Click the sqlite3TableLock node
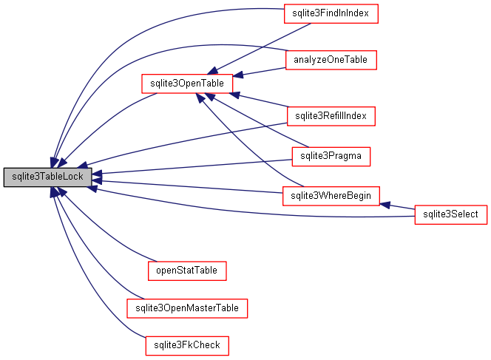click(48, 177)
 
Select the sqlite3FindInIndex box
click(331, 14)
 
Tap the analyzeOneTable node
click(331, 59)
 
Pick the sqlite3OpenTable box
click(187, 84)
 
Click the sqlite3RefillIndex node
click(331, 116)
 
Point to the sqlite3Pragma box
click(331, 156)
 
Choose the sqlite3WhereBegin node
click(331, 196)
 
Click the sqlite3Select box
click(450, 214)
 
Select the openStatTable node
click(186, 271)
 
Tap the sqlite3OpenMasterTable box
click(186, 308)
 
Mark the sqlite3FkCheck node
click(186, 344)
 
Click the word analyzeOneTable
click(331, 59)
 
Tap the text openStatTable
click(186, 271)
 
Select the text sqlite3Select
click(450, 214)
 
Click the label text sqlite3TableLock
click(48, 177)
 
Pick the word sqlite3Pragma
click(331, 156)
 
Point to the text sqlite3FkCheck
click(186, 344)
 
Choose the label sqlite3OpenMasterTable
click(186, 308)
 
